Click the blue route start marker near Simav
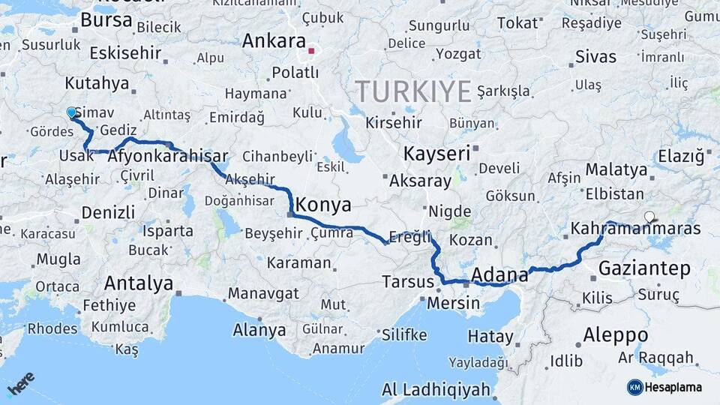tap(72, 112)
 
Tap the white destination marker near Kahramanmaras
tap(649, 217)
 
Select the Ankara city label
tap(273, 41)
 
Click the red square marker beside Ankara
tap(311, 51)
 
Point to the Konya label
tap(324, 204)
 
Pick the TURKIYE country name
tap(413, 91)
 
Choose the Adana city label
tap(499, 275)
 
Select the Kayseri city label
tap(436, 154)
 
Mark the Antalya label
tap(139, 283)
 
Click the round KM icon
tap(634, 387)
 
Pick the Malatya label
tap(616, 169)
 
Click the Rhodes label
tap(52, 328)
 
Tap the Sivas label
tap(595, 56)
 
